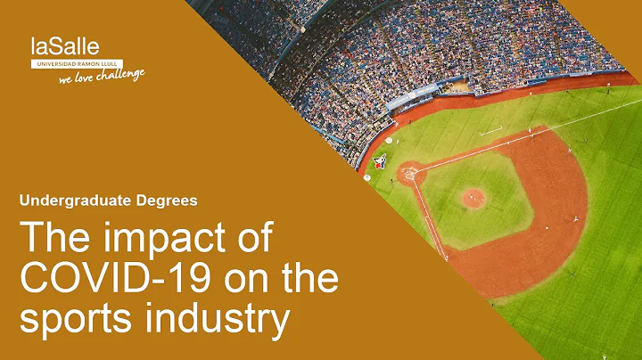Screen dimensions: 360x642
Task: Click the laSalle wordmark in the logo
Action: (65, 46)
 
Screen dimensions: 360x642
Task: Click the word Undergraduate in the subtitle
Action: (72, 200)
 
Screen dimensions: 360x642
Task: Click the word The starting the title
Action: (53, 241)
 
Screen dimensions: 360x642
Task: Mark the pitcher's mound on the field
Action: (473, 197)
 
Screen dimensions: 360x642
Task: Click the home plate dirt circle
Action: (409, 172)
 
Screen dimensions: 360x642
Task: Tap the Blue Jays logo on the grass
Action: (379, 161)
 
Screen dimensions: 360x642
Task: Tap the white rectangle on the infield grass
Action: (490, 131)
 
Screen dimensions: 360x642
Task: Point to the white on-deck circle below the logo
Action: (366, 177)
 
